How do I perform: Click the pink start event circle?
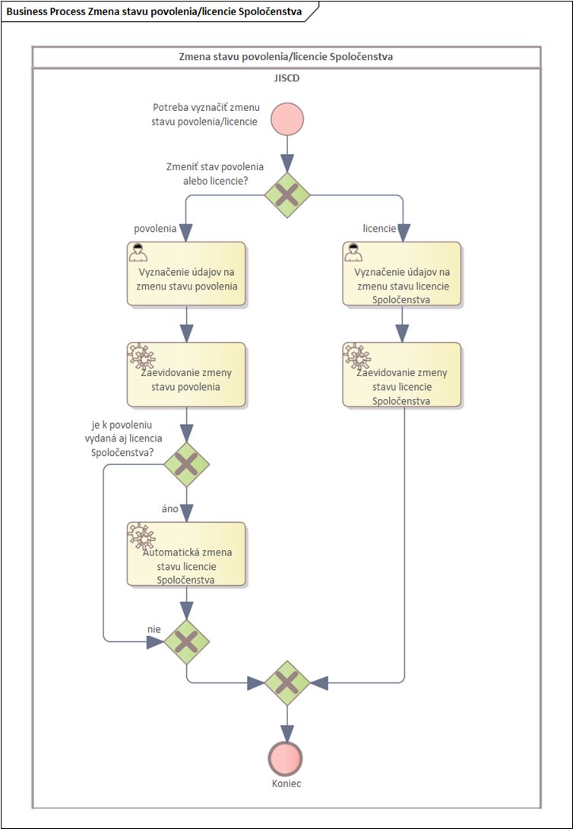287,119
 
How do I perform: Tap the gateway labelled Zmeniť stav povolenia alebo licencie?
287,195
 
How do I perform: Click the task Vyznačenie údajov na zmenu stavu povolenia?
187,274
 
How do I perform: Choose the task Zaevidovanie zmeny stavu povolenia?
187,375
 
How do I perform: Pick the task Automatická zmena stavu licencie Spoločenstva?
187,554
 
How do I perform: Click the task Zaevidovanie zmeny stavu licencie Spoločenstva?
402,375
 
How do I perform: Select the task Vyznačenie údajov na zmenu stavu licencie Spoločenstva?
402,274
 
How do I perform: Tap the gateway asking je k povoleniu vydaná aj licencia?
187,465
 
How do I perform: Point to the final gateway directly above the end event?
287,683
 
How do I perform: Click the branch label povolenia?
154,229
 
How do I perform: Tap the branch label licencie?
379,229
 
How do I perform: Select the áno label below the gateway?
169,508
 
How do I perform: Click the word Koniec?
286,783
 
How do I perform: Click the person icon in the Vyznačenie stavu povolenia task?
138,253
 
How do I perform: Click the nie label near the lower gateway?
154,628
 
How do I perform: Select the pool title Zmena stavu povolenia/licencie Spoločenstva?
286,57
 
